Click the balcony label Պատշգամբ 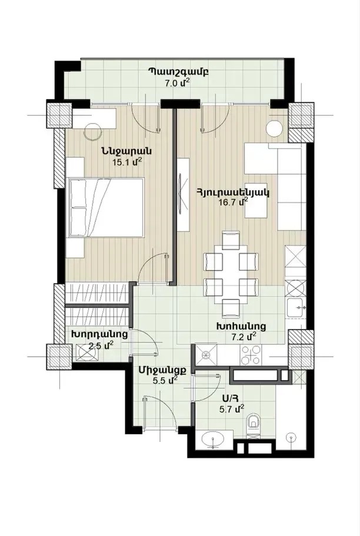tap(178, 72)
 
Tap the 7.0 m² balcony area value tap(177, 83)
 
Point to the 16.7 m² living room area tap(233, 202)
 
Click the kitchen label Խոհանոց tap(241, 326)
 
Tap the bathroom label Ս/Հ tap(230, 398)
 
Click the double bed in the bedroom tap(106, 207)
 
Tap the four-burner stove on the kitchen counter tap(251, 354)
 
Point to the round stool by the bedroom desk tap(94, 131)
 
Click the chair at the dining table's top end tap(231, 239)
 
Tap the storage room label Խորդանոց tap(100, 334)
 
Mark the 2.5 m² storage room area tap(101, 346)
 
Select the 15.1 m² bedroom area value tap(127, 162)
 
